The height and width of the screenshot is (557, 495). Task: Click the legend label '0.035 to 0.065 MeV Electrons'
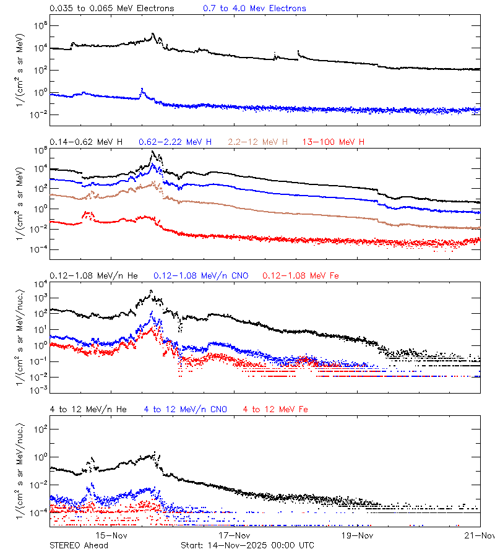coord(112,8)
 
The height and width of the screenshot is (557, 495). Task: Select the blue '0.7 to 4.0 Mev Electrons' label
coord(254,8)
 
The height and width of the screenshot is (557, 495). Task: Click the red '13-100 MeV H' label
coord(334,142)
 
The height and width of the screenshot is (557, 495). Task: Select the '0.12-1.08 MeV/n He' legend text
coord(95,275)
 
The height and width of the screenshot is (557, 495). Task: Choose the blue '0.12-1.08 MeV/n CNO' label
coord(200,275)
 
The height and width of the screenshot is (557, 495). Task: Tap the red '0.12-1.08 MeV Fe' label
coord(301,275)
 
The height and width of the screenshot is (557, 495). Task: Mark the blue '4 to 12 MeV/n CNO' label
coord(185,409)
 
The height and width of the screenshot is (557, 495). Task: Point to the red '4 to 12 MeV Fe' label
coord(275,409)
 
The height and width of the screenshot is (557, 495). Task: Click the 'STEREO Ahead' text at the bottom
coord(79,545)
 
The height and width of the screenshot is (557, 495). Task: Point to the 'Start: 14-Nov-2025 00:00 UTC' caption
coord(247,545)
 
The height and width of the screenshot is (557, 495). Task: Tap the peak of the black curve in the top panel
coord(153,35)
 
